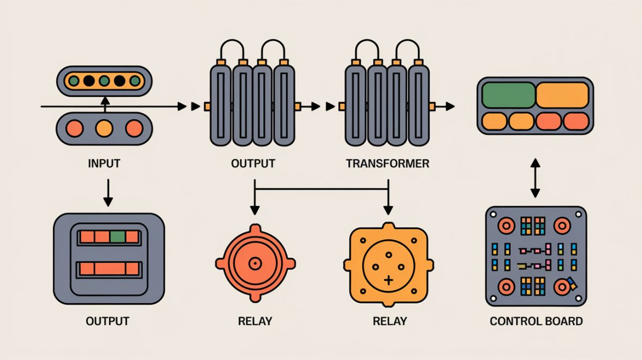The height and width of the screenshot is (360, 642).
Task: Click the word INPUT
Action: point(104,163)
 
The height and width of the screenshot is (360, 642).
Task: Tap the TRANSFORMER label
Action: point(387,163)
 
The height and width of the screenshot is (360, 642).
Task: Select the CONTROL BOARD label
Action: point(536,321)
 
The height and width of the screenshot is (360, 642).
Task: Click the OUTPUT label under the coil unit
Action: point(253,163)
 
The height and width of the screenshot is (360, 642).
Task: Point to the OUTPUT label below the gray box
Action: point(108,321)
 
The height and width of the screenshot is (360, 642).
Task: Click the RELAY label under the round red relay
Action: point(255,321)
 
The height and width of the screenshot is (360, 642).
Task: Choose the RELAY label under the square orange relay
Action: point(389,321)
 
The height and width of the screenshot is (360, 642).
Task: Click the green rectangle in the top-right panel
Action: point(508,95)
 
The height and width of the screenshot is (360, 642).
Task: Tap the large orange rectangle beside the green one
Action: point(561,95)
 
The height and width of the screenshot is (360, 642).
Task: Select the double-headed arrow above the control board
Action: point(534,177)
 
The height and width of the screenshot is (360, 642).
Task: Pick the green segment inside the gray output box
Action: point(118,237)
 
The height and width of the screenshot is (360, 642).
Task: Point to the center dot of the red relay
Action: point(255,263)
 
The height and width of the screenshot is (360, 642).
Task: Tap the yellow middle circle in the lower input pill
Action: point(104,128)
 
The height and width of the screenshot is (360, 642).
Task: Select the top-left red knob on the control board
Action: point(506,226)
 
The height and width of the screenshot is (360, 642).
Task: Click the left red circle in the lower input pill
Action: point(74,128)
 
